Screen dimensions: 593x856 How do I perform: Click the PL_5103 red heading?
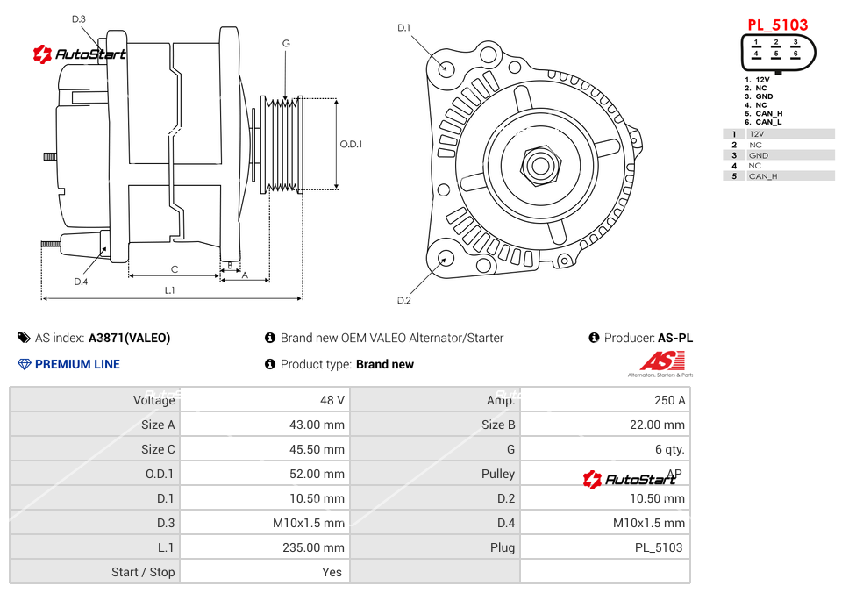pos(777,25)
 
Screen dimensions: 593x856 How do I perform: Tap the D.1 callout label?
pos(403,28)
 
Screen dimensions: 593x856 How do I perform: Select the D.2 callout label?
pos(403,300)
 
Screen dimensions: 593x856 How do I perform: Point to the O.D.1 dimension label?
pos(351,145)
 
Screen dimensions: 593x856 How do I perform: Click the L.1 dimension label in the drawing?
pos(170,289)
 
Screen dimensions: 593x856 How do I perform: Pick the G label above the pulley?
pos(286,43)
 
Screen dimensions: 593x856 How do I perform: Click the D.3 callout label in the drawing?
pos(79,18)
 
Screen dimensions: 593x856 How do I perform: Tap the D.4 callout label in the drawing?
pos(81,282)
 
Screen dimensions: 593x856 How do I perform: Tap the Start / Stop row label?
pos(143,572)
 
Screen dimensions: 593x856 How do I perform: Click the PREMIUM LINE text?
pos(77,364)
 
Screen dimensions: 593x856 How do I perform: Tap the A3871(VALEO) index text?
pos(130,338)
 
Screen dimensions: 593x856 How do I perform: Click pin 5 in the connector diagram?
pos(776,54)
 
